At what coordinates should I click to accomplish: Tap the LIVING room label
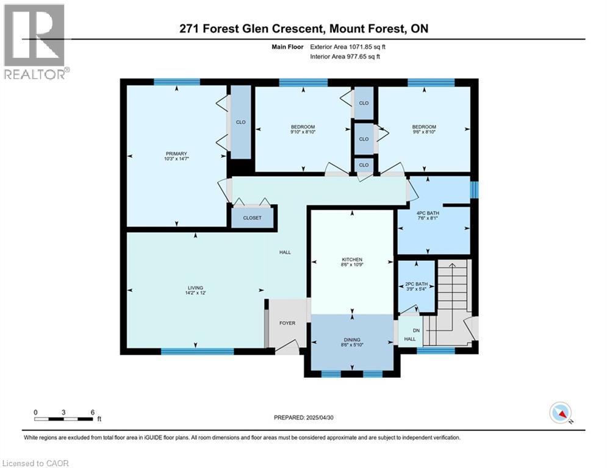pos(195,288)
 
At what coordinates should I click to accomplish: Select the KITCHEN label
pos(352,259)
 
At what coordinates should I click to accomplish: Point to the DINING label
pos(352,339)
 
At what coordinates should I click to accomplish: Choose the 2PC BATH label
pos(416,284)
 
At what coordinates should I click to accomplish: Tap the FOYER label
pos(287,323)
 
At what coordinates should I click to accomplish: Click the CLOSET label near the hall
pos(252,218)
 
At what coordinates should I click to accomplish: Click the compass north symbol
pos(560,413)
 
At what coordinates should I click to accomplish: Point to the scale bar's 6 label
pos(92,412)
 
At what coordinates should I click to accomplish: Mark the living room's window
pos(197,351)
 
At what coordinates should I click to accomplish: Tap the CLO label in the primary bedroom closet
pos(240,122)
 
